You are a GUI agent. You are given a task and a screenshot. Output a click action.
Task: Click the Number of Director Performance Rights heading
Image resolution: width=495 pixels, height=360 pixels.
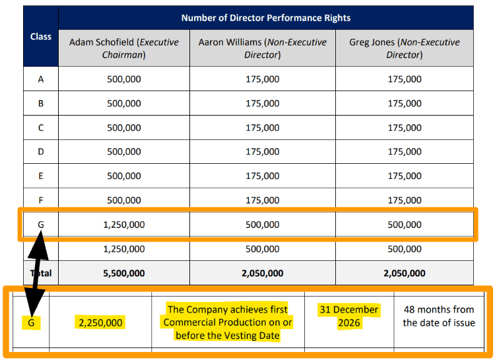pyautogui.click(x=266, y=18)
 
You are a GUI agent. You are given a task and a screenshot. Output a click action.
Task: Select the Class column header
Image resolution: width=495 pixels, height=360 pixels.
pyautogui.click(x=41, y=36)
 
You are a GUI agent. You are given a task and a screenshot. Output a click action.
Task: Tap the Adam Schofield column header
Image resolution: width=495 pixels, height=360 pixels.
pyautogui.click(x=124, y=48)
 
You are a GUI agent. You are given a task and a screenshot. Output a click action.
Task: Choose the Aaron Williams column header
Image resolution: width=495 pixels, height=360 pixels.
pyautogui.click(x=262, y=48)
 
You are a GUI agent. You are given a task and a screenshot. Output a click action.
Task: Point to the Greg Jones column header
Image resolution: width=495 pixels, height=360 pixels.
pyautogui.click(x=405, y=48)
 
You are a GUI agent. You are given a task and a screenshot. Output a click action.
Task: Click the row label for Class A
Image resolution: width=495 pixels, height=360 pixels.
pyautogui.click(x=41, y=79)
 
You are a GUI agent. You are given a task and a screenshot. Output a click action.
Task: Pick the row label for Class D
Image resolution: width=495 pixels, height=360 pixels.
pyautogui.click(x=41, y=152)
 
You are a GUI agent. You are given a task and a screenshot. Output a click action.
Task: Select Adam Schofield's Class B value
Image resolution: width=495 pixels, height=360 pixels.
pyautogui.click(x=124, y=103)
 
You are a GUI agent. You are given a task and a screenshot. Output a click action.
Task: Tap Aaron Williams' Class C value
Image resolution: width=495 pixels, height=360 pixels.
pyautogui.click(x=262, y=127)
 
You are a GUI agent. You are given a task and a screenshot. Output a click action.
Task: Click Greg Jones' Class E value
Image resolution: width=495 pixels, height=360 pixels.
pyautogui.click(x=405, y=176)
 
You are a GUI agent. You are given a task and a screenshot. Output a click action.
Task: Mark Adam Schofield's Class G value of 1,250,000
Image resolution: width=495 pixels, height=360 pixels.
pyautogui.click(x=124, y=225)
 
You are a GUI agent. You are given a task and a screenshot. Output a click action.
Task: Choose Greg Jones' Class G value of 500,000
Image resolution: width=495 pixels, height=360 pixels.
pyautogui.click(x=405, y=225)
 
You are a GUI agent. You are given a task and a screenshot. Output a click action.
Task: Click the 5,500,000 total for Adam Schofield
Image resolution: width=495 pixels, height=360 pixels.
pyautogui.click(x=124, y=273)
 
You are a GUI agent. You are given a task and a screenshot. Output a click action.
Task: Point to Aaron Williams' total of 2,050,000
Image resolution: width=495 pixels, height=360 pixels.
pyautogui.click(x=262, y=273)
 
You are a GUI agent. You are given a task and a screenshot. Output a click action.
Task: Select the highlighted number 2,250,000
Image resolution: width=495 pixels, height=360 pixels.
pyautogui.click(x=100, y=322)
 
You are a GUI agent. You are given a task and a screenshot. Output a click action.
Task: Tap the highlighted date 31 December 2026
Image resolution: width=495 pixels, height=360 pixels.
pyautogui.click(x=349, y=316)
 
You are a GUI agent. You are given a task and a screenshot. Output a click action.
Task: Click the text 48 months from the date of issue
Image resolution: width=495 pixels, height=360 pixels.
pyautogui.click(x=439, y=316)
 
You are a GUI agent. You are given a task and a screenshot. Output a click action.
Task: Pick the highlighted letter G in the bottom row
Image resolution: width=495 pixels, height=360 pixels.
pyautogui.click(x=31, y=323)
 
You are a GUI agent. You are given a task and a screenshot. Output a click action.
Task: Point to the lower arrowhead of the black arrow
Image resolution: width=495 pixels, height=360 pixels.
pyautogui.click(x=34, y=303)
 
